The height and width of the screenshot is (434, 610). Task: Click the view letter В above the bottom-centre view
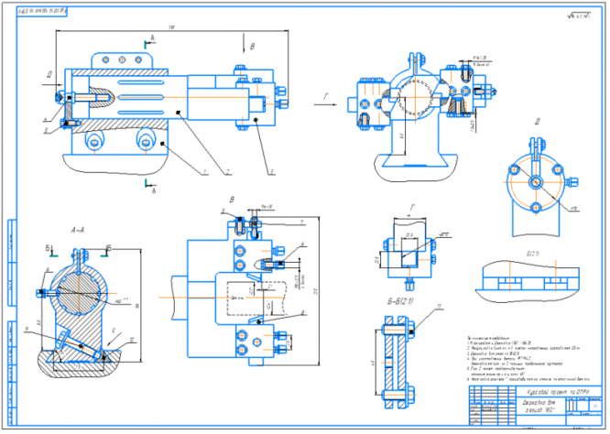233,199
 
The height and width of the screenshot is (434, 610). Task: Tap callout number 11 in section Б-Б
439,307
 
